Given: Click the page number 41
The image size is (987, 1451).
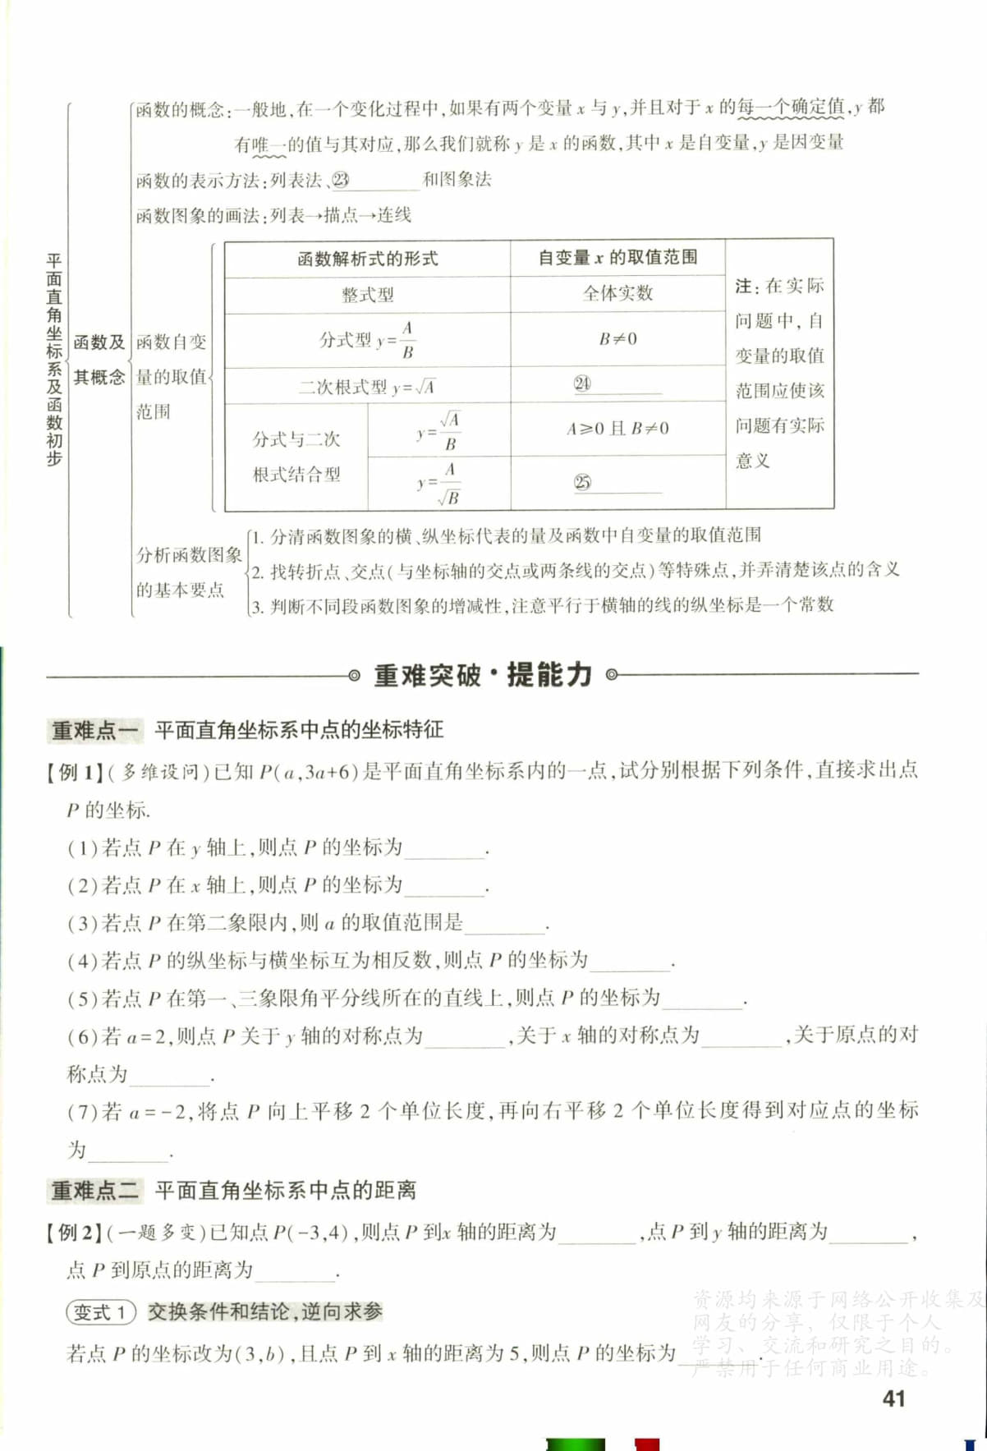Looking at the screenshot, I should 893,1398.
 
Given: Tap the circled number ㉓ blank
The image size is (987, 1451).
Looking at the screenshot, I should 341,180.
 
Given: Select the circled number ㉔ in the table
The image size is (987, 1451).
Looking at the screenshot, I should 582,383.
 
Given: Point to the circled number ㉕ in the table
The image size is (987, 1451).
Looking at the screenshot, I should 582,483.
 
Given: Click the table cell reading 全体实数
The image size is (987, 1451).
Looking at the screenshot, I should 617,293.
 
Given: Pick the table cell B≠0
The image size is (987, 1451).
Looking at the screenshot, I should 617,338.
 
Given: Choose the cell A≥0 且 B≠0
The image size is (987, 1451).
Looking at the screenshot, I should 617,428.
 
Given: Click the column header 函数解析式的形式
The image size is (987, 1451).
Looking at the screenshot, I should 367,259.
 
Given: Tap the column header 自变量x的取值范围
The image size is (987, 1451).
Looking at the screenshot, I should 617,258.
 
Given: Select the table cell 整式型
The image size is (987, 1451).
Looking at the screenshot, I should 367,294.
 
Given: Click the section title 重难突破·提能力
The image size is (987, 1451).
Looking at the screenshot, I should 483,675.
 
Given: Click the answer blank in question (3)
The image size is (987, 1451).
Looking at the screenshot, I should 504,925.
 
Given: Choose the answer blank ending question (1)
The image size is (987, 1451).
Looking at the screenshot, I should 444,849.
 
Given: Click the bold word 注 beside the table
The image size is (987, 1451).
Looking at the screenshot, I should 743,286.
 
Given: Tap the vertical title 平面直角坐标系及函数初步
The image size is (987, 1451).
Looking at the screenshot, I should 54,360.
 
